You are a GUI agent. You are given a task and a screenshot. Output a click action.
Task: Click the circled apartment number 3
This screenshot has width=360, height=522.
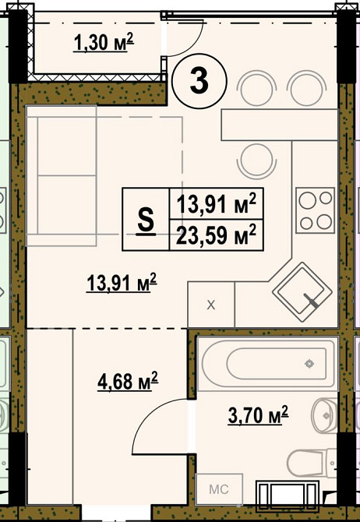(199, 81)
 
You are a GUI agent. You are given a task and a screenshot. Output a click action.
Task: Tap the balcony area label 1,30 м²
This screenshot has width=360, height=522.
(104, 43)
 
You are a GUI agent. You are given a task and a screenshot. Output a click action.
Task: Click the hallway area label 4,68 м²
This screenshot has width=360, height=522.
(128, 381)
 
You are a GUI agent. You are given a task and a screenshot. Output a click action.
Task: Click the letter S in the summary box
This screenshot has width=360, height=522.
(146, 220)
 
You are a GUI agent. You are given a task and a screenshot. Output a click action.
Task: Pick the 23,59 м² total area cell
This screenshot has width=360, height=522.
(217, 235)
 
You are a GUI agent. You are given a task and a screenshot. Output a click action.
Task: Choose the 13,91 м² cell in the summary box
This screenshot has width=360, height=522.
(217, 204)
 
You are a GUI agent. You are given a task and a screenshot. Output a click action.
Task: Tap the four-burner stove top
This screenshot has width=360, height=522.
(315, 210)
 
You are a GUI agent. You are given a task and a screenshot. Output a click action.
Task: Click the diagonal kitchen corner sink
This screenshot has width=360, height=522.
(302, 292)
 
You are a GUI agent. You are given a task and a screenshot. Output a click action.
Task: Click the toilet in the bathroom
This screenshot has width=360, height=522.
(312, 463)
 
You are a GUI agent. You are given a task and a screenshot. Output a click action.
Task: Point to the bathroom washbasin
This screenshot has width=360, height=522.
(325, 415)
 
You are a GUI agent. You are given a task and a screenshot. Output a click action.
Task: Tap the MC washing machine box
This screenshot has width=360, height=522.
(219, 489)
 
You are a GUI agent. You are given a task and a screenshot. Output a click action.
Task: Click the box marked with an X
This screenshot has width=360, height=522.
(211, 305)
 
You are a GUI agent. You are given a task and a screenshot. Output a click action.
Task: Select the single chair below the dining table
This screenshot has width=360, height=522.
(257, 161)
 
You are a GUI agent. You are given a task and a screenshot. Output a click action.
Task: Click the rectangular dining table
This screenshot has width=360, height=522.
(280, 125)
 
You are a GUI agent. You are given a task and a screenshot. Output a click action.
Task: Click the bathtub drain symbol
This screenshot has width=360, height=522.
(309, 364)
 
